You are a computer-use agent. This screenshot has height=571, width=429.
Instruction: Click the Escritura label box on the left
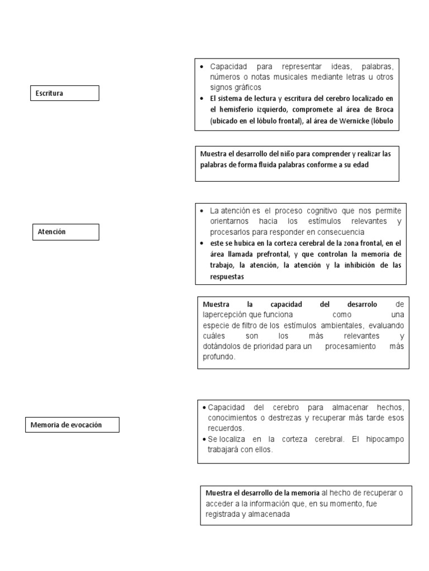64,93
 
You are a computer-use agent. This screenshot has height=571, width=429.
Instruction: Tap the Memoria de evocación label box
73,425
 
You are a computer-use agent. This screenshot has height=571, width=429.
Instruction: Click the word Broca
386,109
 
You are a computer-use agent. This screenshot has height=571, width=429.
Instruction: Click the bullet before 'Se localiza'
204,439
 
